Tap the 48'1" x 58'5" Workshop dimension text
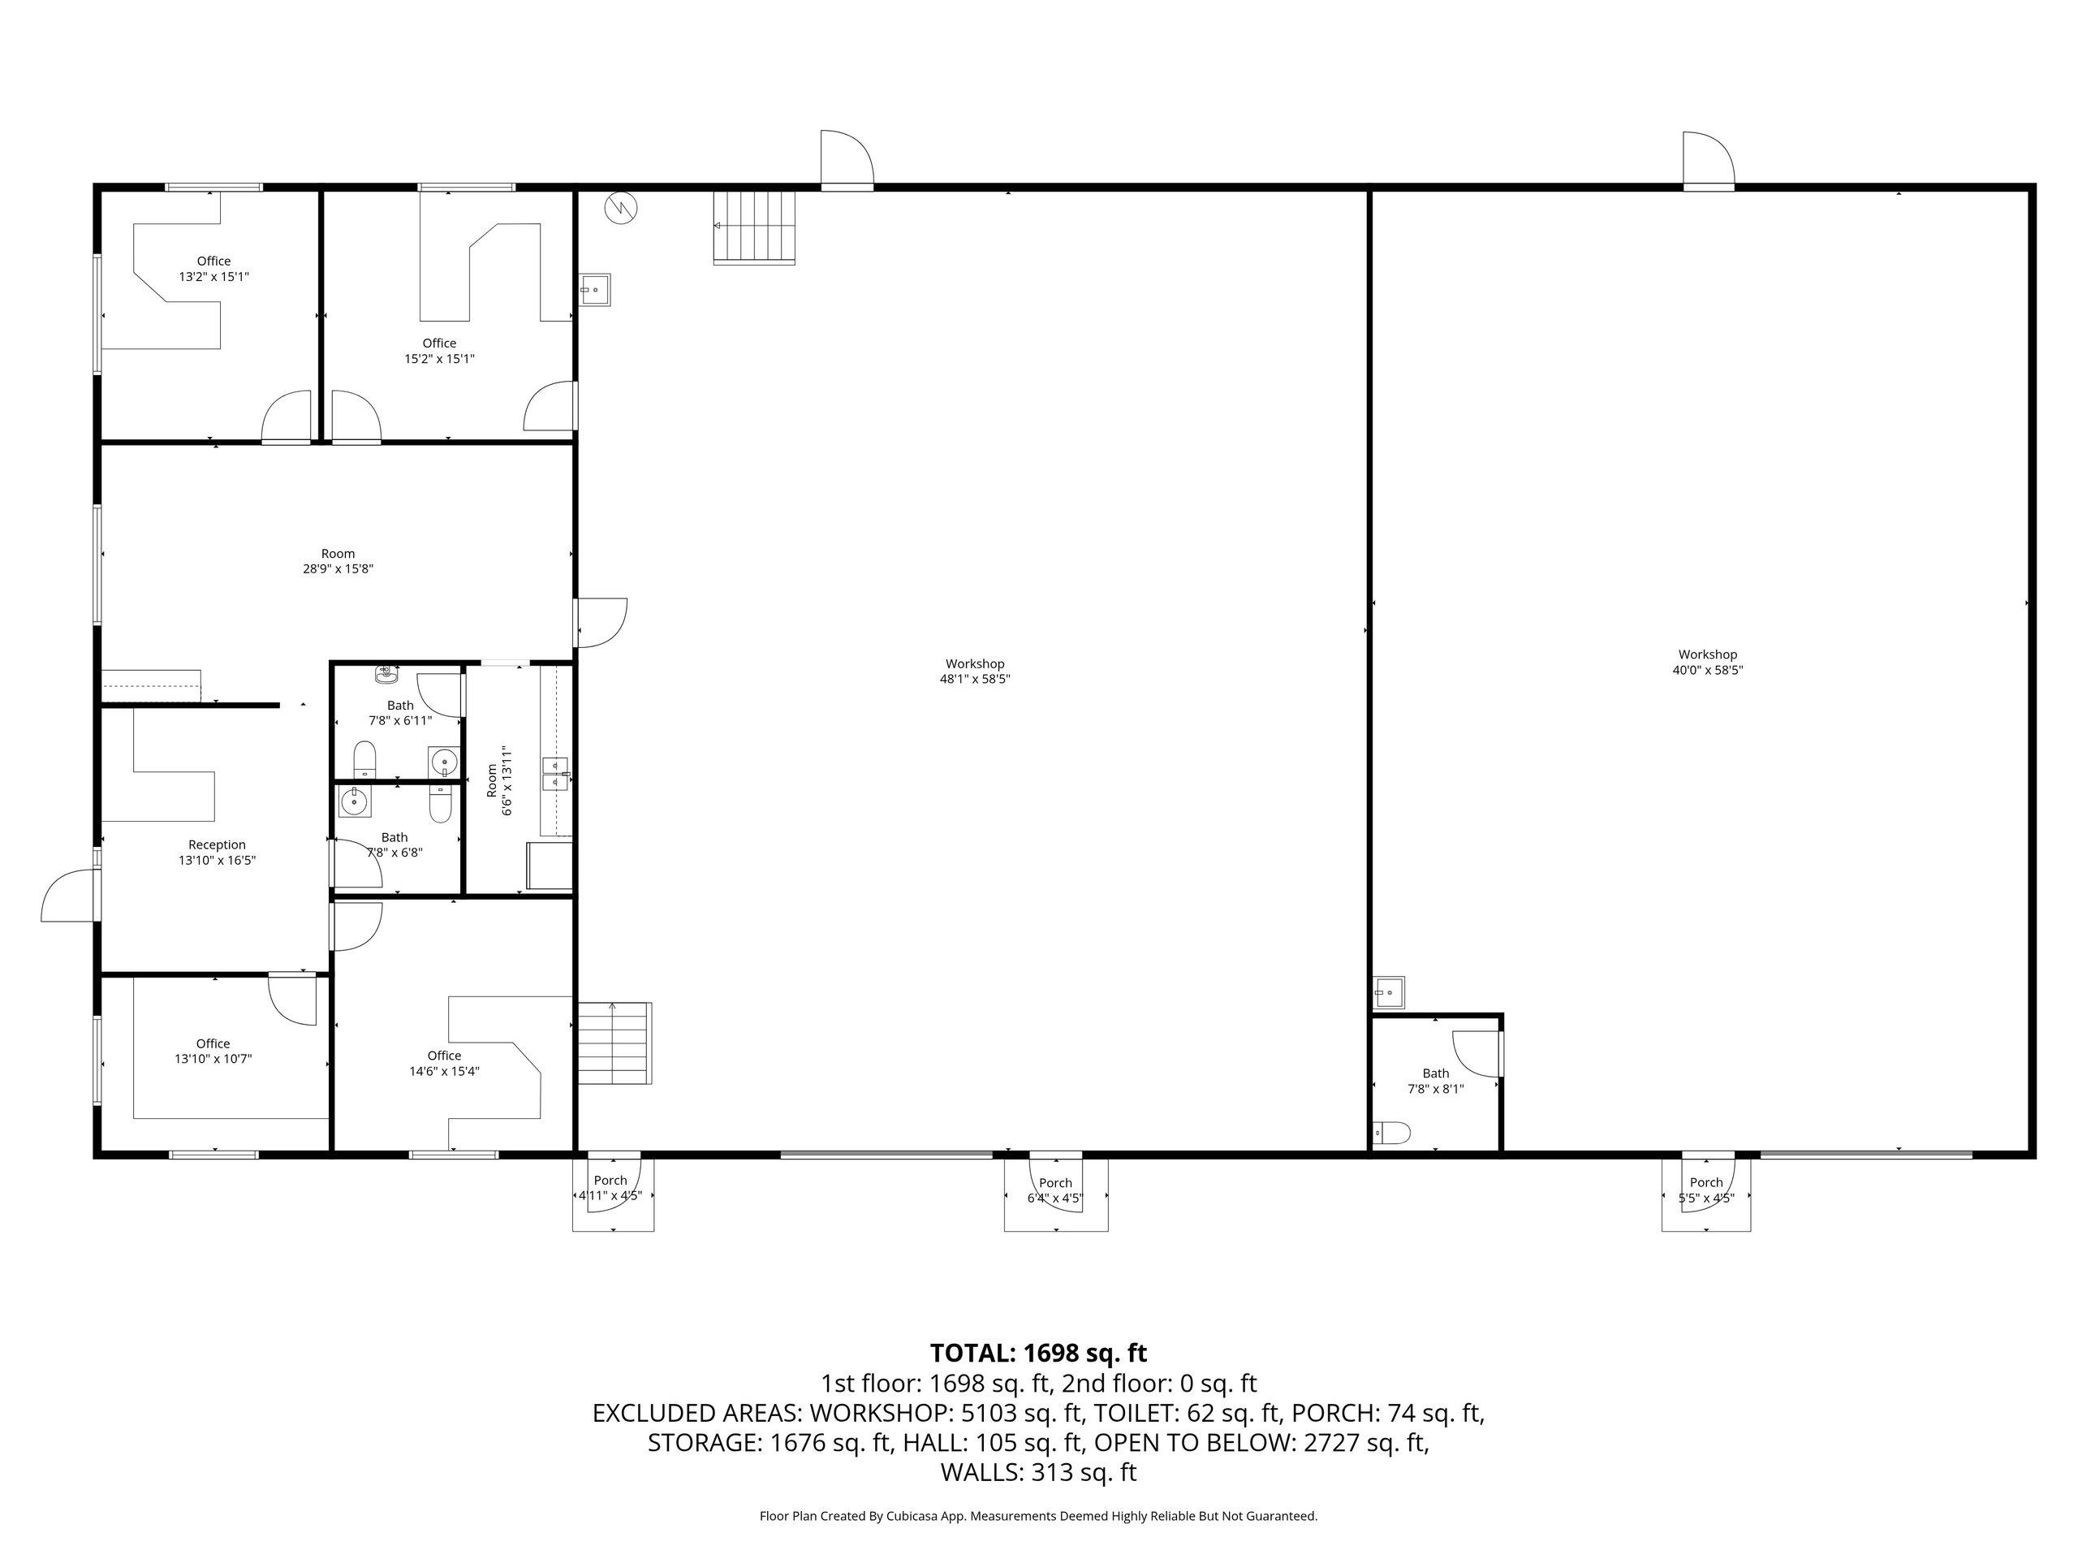[x=975, y=680]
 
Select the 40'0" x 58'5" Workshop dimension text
[x=1708, y=670]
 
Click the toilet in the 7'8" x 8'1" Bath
[x=1391, y=1134]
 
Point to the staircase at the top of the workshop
[x=754, y=227]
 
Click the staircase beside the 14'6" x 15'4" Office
[x=614, y=1043]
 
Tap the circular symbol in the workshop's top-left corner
[x=621, y=208]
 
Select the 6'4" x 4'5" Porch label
[x=1056, y=1190]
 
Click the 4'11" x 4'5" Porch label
[x=610, y=1188]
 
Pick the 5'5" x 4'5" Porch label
[x=1706, y=1190]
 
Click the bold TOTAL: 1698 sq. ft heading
[x=1038, y=1354]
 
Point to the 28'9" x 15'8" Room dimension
[x=338, y=568]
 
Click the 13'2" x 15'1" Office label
[x=214, y=269]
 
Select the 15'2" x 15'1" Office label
[x=440, y=351]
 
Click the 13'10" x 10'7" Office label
[x=213, y=1051]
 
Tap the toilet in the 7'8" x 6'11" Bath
[x=364, y=760]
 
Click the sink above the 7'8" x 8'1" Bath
[x=1389, y=991]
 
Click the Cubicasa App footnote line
[x=1038, y=1516]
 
